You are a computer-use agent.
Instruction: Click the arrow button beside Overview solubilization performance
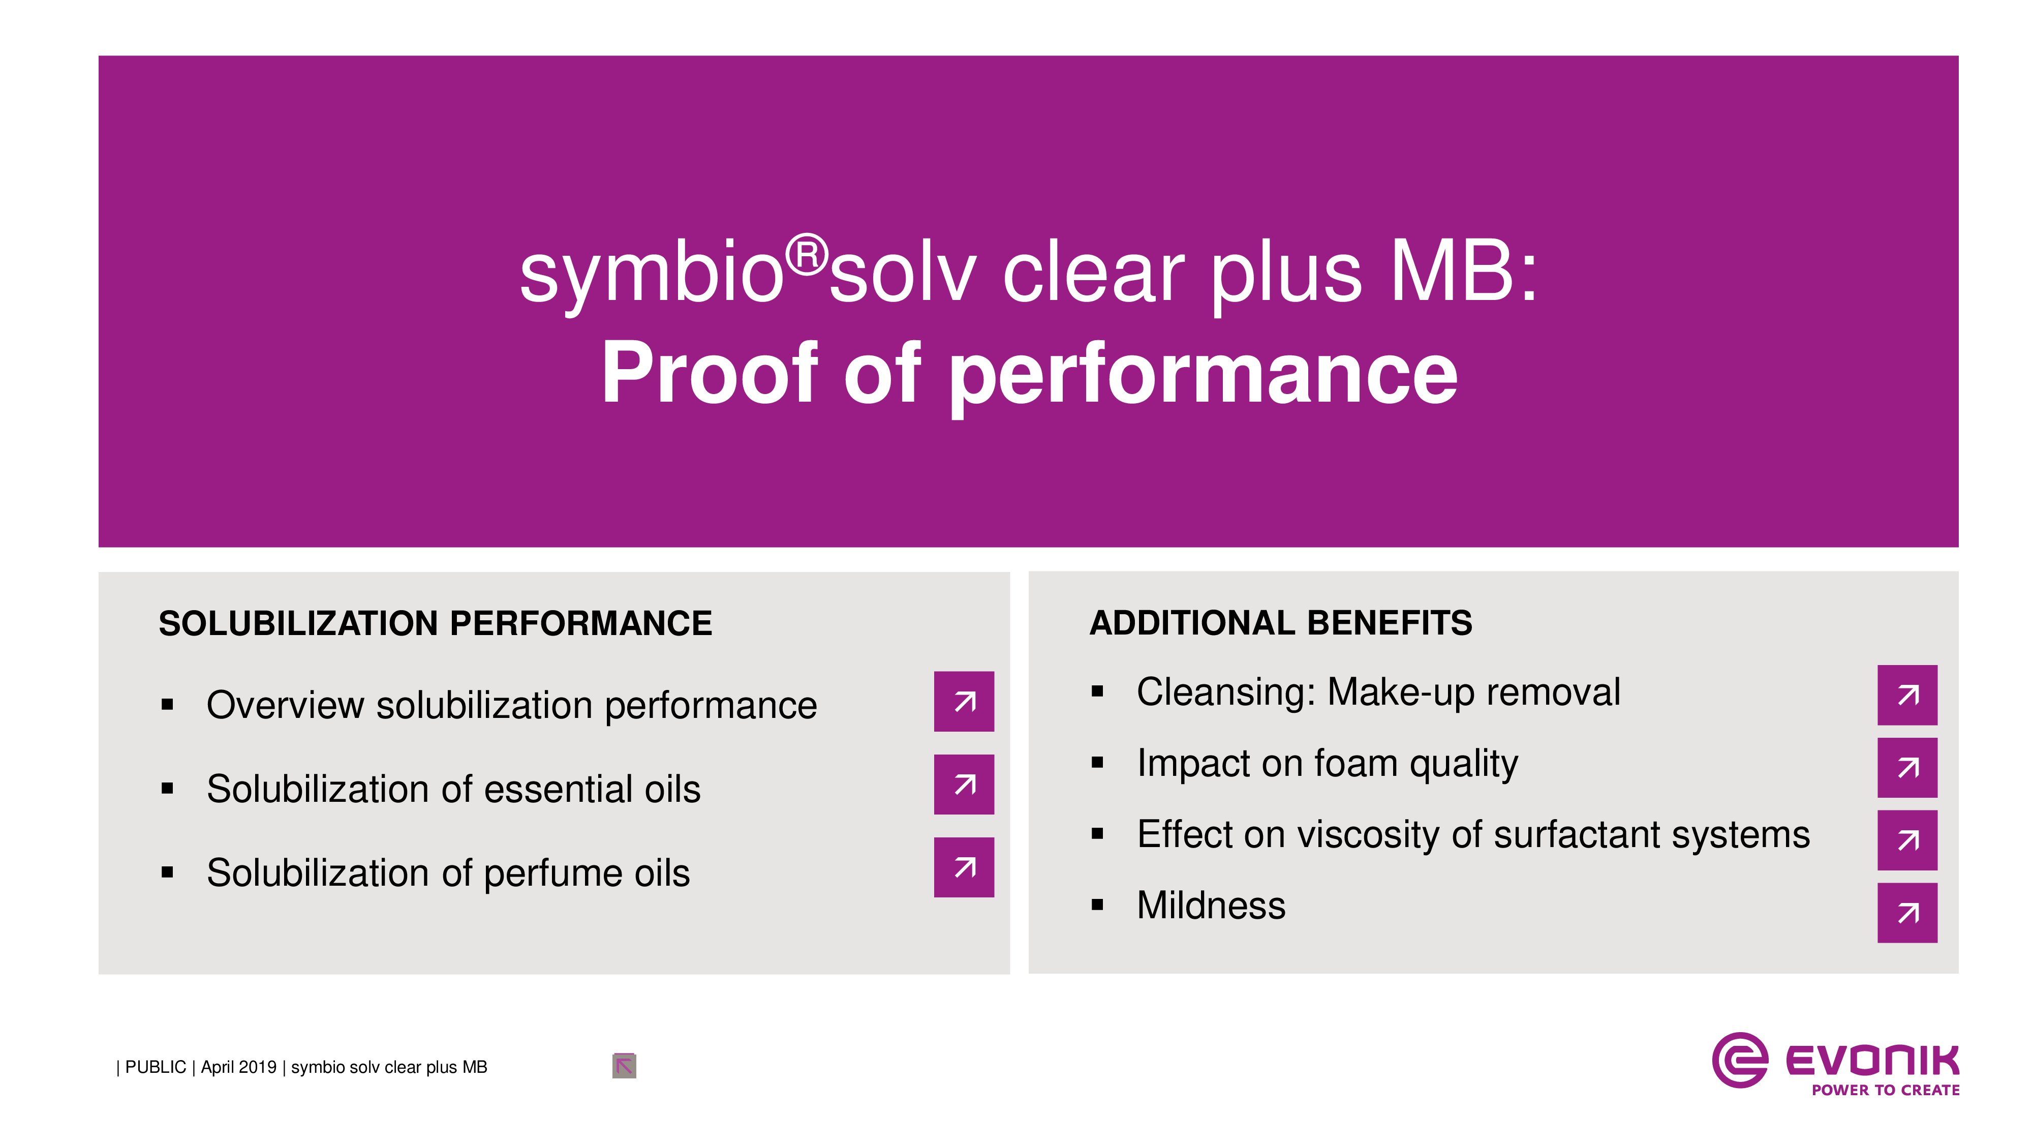[964, 701]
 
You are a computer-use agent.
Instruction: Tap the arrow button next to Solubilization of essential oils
[964, 784]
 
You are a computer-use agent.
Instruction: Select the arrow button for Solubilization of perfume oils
[964, 867]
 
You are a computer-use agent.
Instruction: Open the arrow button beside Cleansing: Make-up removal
[1907, 695]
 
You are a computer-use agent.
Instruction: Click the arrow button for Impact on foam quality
[1907, 767]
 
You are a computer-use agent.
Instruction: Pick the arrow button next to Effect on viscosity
[1907, 840]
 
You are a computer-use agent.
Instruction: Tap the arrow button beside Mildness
[1907, 913]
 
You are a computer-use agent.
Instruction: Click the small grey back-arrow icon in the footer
[624, 1066]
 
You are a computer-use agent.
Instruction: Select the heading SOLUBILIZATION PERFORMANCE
[435, 624]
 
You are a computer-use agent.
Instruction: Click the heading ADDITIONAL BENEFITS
[1280, 623]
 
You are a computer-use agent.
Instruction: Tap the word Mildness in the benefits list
[1211, 905]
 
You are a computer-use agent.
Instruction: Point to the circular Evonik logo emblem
[1739, 1060]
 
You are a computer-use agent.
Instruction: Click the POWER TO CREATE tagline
[1886, 1090]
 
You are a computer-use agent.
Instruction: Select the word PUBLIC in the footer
[156, 1067]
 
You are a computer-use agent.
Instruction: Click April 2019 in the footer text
[238, 1067]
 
